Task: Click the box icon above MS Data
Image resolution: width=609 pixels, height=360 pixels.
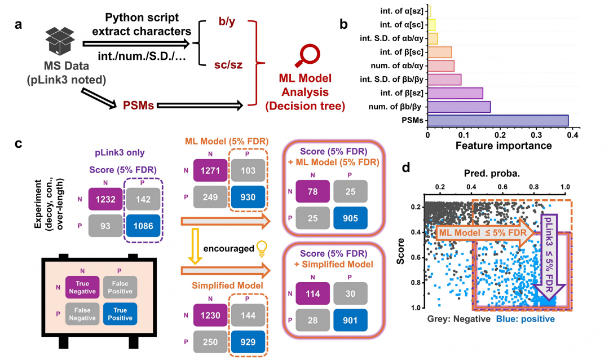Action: click(x=60, y=41)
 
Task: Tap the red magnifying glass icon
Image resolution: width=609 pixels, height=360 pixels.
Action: click(x=307, y=56)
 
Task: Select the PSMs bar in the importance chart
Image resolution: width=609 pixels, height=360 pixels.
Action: click(x=498, y=121)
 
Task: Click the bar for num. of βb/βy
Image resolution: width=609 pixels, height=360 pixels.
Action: click(x=459, y=107)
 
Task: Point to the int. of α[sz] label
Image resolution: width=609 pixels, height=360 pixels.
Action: click(x=402, y=11)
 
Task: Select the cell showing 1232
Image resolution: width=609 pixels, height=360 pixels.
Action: click(x=105, y=199)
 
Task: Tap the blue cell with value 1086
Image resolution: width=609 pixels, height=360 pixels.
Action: click(x=143, y=226)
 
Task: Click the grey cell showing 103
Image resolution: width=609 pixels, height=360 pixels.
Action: click(x=248, y=170)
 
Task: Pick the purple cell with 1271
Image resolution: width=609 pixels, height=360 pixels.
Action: click(x=210, y=170)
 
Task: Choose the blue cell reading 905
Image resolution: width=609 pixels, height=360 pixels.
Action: click(x=350, y=218)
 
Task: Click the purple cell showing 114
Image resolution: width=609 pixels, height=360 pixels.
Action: click(x=312, y=293)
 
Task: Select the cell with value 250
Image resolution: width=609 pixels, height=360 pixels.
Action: click(x=210, y=342)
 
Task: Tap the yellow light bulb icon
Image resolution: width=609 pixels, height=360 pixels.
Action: click(x=262, y=249)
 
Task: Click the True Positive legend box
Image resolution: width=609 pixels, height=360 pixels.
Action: click(x=120, y=314)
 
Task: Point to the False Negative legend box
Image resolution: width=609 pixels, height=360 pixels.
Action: click(x=82, y=314)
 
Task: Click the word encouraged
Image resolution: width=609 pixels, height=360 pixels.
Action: click(x=229, y=248)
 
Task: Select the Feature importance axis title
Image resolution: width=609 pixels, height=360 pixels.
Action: click(x=504, y=146)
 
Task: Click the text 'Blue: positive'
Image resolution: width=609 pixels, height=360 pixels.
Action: click(x=525, y=319)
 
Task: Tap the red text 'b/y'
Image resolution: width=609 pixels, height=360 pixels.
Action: click(x=227, y=21)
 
